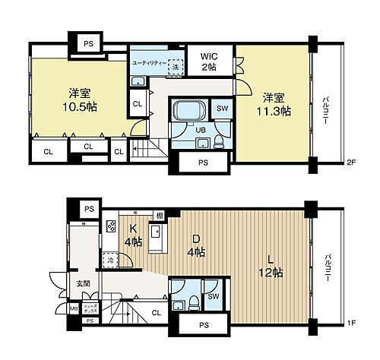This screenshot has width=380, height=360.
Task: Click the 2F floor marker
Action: click(350, 162)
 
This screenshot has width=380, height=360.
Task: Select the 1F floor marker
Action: click(350, 324)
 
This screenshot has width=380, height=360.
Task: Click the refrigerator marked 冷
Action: click(110, 260)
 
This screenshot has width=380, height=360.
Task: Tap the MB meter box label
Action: click(73, 308)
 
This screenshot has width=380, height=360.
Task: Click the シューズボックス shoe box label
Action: click(90, 309)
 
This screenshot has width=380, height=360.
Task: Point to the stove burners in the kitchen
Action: click(110, 225)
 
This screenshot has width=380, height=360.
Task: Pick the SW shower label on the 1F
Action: click(214, 296)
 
